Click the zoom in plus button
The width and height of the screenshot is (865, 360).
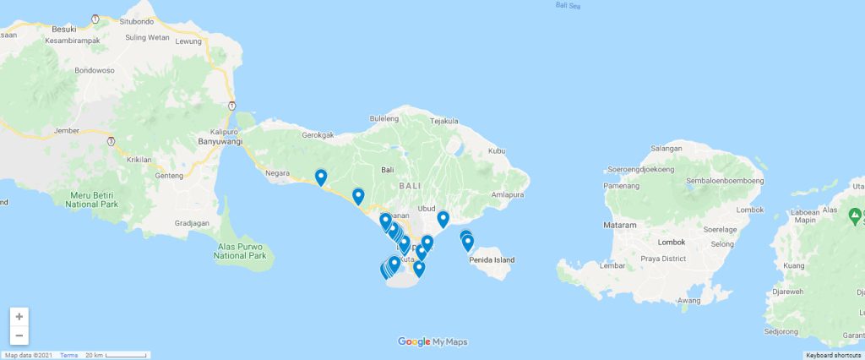point(19,317)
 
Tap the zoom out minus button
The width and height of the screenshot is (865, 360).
point(19,335)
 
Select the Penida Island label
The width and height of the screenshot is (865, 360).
point(492,259)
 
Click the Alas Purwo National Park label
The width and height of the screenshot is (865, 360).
point(240,251)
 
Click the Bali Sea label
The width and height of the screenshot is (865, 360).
point(569,5)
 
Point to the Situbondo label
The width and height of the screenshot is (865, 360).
point(137,20)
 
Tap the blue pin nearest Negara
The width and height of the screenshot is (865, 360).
point(321,177)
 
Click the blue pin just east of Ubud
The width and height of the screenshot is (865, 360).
point(443,220)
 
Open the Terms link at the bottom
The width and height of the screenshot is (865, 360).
point(68,355)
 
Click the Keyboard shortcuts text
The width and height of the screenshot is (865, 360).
point(833,355)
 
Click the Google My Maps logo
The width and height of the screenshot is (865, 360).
point(432,341)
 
